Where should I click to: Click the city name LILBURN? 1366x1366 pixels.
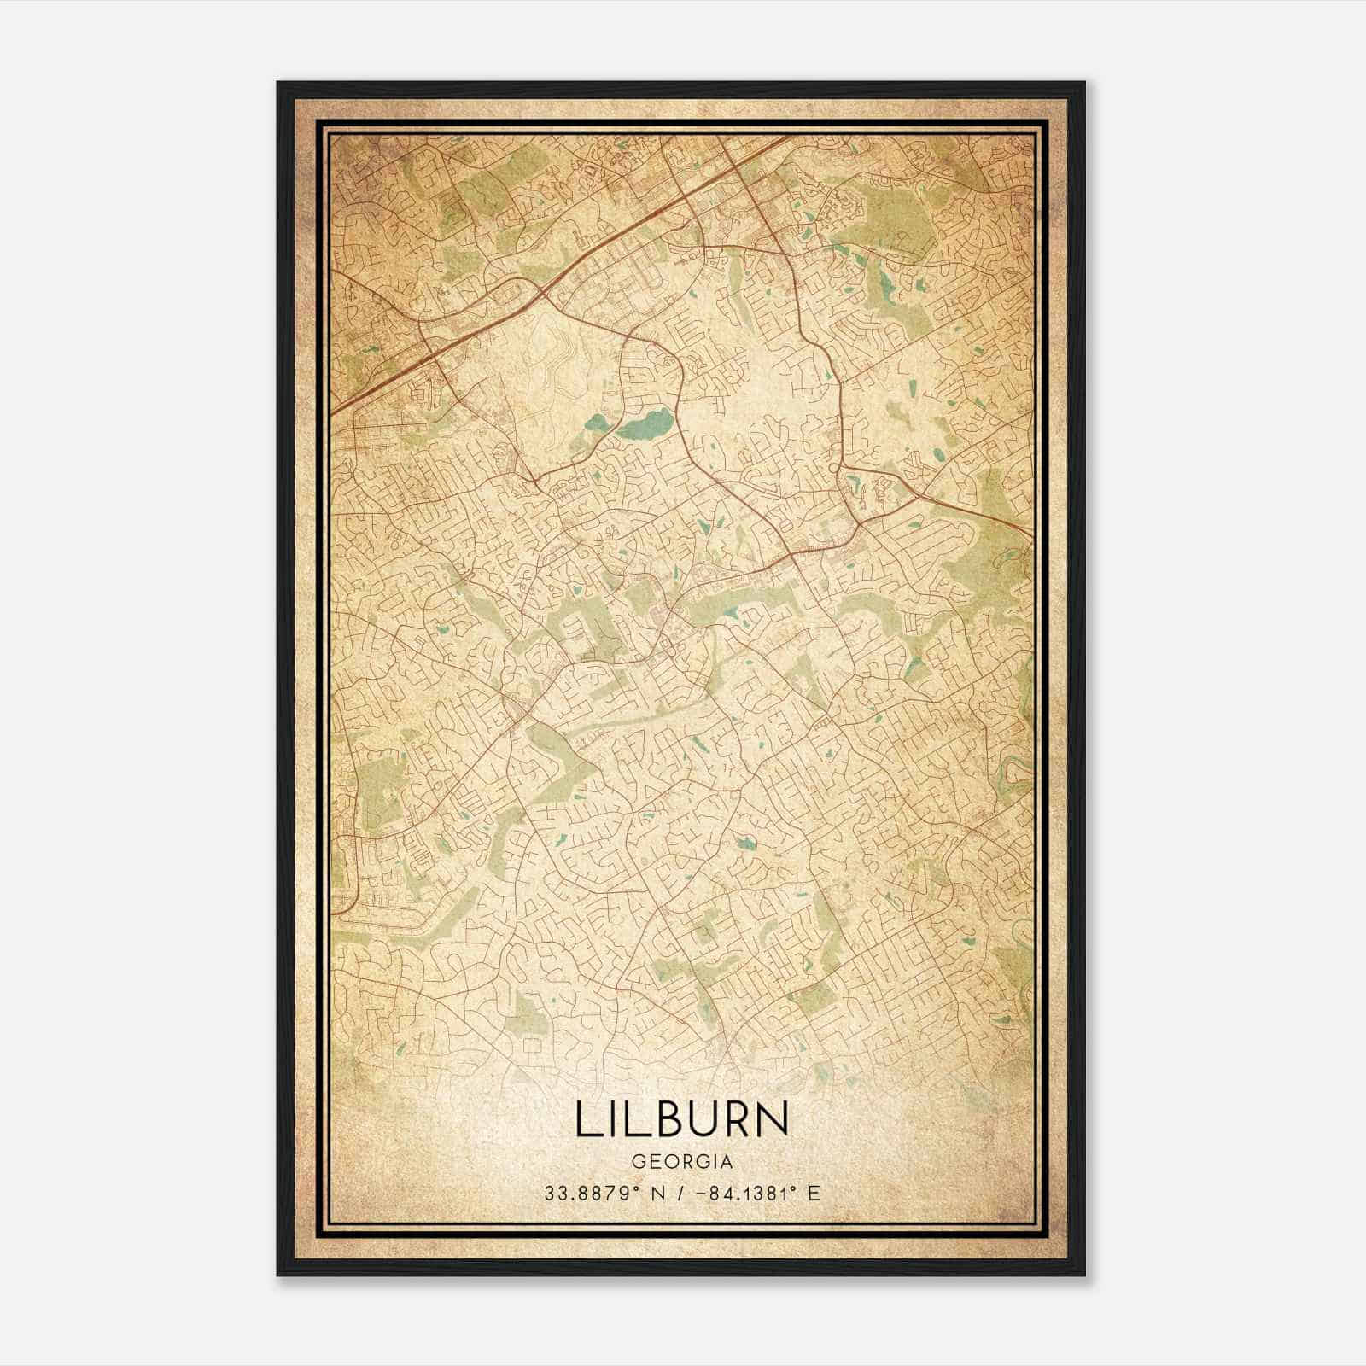(x=682, y=1120)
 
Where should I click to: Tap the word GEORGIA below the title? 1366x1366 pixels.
(x=682, y=1162)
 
